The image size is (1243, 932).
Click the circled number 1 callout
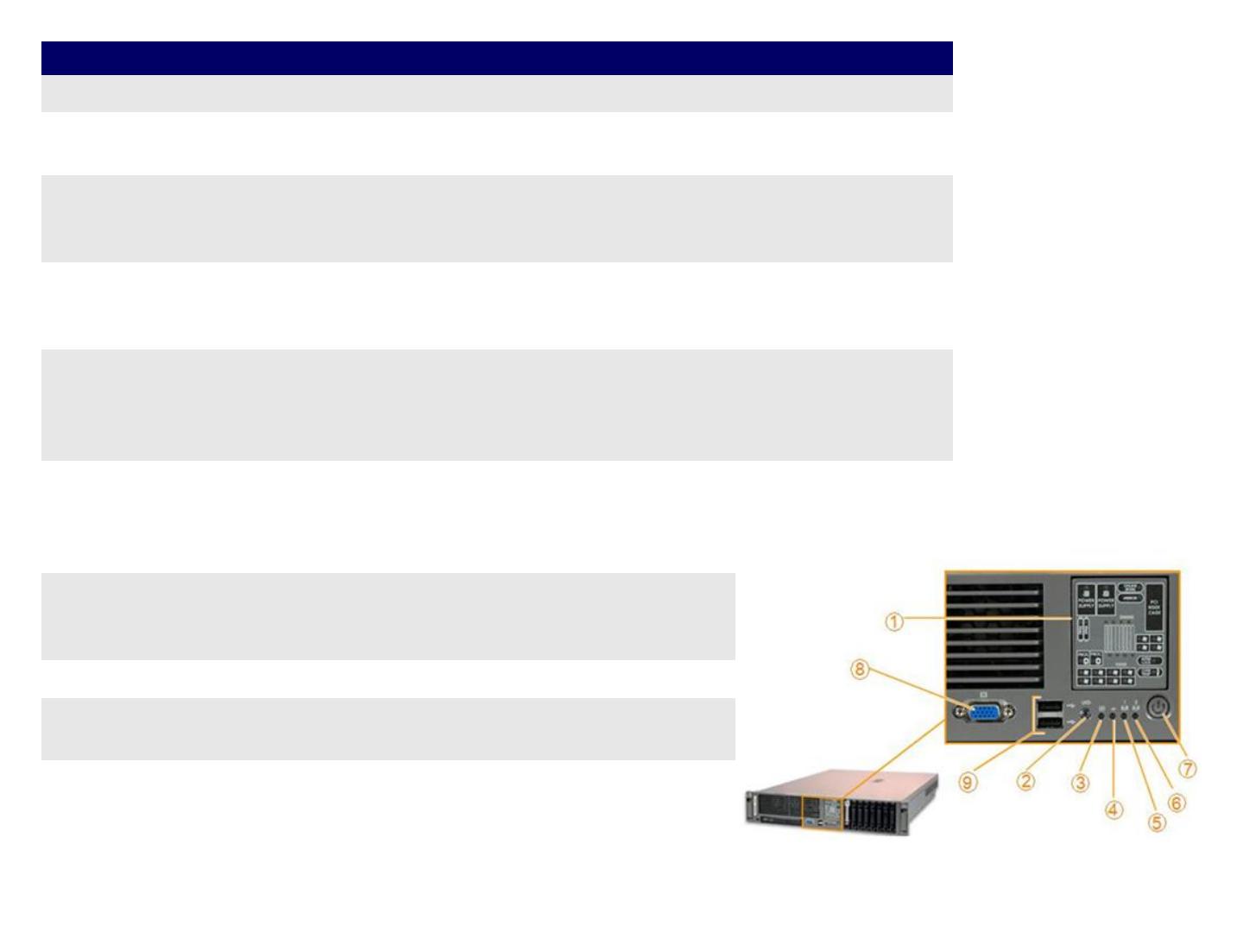click(894, 621)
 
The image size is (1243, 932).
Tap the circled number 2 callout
click(1025, 782)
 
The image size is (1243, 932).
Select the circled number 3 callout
click(1081, 784)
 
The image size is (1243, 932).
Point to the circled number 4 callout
click(1114, 809)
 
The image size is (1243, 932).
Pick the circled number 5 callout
click(1157, 822)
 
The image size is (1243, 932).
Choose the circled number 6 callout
click(1177, 803)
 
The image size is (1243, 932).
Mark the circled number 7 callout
click(1189, 768)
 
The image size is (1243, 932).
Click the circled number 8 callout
click(859, 670)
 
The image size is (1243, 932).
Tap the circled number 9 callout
click(969, 782)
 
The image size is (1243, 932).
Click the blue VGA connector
click(982, 713)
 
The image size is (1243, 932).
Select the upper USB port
click(1049, 704)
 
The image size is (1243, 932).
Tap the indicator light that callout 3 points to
click(1102, 714)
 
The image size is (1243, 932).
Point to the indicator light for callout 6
click(1136, 714)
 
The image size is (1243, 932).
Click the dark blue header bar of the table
click(496, 58)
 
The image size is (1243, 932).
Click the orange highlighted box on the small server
click(823, 813)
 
